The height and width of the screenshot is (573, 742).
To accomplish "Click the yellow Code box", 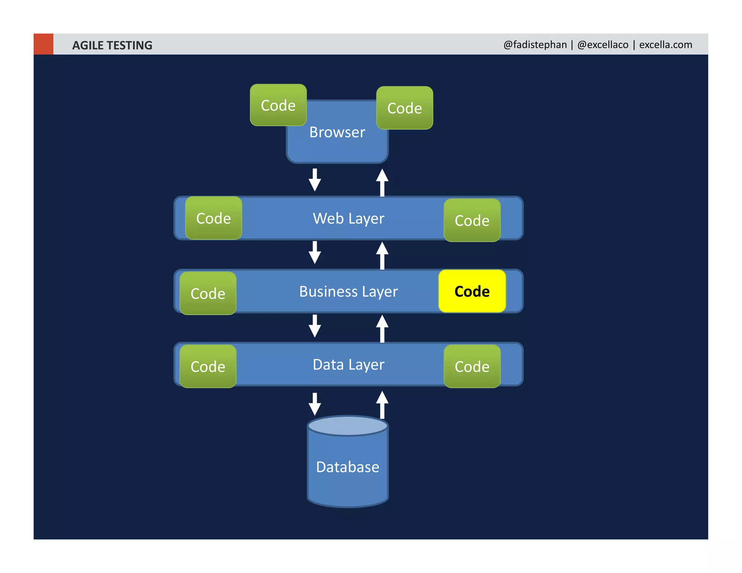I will tap(472, 291).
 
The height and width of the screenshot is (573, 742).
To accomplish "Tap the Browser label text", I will tap(337, 132).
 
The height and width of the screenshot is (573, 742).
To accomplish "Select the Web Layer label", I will tap(348, 218).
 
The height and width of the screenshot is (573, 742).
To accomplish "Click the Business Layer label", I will tap(348, 292).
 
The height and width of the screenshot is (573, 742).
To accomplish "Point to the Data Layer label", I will tap(348, 365).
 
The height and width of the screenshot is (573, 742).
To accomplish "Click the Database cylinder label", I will tap(347, 467).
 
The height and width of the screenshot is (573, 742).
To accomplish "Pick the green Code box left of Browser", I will tap(278, 105).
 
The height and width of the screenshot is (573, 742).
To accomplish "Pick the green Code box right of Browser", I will tap(404, 108).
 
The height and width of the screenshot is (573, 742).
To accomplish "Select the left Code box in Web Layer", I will tap(213, 218).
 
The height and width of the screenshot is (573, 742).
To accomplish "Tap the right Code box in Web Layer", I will tap(472, 220).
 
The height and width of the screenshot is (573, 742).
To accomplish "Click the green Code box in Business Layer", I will tap(208, 293).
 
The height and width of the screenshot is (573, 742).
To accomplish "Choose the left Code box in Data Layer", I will tap(208, 367).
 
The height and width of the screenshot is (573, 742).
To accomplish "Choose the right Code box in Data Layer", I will tap(472, 367).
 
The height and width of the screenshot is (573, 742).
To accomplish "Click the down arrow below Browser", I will tap(314, 180).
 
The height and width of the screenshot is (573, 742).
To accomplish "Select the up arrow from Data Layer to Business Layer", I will tap(382, 328).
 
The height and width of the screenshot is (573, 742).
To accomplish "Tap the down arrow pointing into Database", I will tap(314, 404).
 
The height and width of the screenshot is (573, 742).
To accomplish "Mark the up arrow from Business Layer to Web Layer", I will tap(382, 255).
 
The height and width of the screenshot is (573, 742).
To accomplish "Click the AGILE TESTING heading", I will tap(112, 45).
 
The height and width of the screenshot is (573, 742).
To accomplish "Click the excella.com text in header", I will tap(665, 45).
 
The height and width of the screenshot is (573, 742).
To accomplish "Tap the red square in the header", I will tap(43, 44).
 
